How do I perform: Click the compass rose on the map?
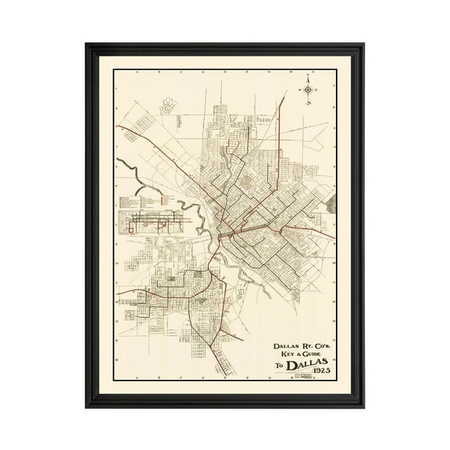pos(309,91)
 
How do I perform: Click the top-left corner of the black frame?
pos(87,45)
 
